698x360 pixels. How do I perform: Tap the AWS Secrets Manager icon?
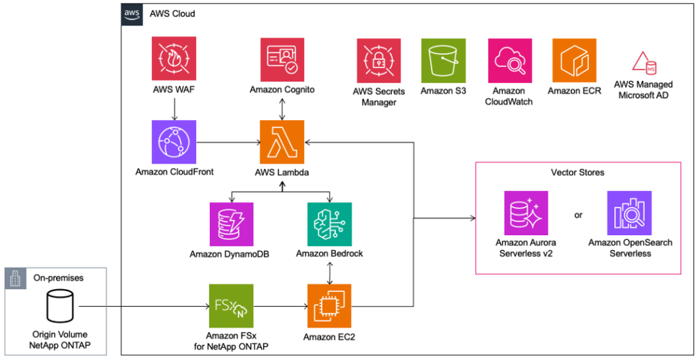click(x=378, y=60)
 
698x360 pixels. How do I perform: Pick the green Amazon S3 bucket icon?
click(x=443, y=60)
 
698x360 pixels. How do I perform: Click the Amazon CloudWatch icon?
click(x=509, y=60)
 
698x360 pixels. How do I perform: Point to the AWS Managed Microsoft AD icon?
click(x=643, y=63)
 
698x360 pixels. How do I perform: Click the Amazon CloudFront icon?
click(x=174, y=142)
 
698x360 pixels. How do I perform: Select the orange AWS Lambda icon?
click(x=282, y=142)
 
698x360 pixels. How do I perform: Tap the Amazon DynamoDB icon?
click(x=232, y=224)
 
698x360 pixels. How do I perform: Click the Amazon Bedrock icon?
click(x=329, y=224)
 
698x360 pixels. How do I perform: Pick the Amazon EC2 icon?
click(x=329, y=305)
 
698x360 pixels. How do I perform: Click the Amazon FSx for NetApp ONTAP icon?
click(x=232, y=305)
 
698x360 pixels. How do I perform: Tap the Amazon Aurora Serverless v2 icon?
click(x=526, y=213)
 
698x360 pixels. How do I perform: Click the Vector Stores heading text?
click(x=577, y=172)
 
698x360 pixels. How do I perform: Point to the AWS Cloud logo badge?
click(x=132, y=14)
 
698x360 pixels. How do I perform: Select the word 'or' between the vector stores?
click(x=578, y=215)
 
